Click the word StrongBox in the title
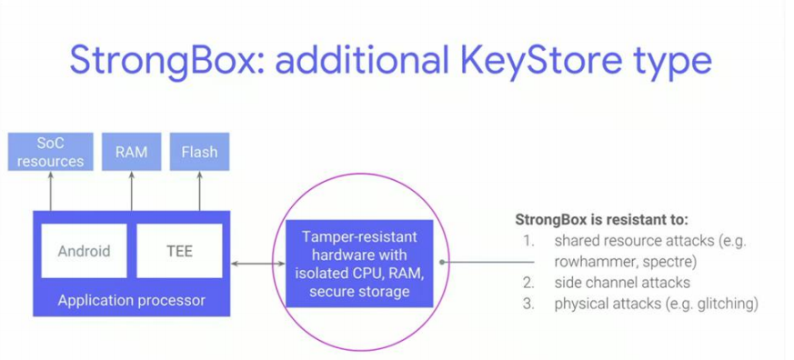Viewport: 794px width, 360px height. pos(166,61)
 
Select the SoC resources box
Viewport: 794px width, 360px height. pos(50,152)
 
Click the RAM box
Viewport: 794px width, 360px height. pos(131,152)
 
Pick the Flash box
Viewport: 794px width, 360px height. pos(199,152)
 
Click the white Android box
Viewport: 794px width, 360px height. pos(84,250)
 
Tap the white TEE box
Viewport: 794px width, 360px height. pos(179,250)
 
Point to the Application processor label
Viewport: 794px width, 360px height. pos(132,299)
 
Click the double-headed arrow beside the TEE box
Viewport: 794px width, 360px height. pos(257,264)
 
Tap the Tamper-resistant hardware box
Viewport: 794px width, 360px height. pos(357,263)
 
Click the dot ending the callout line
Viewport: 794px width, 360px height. pos(442,263)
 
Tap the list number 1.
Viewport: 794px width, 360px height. pos(527,241)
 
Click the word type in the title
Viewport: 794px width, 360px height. pos(668,61)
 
